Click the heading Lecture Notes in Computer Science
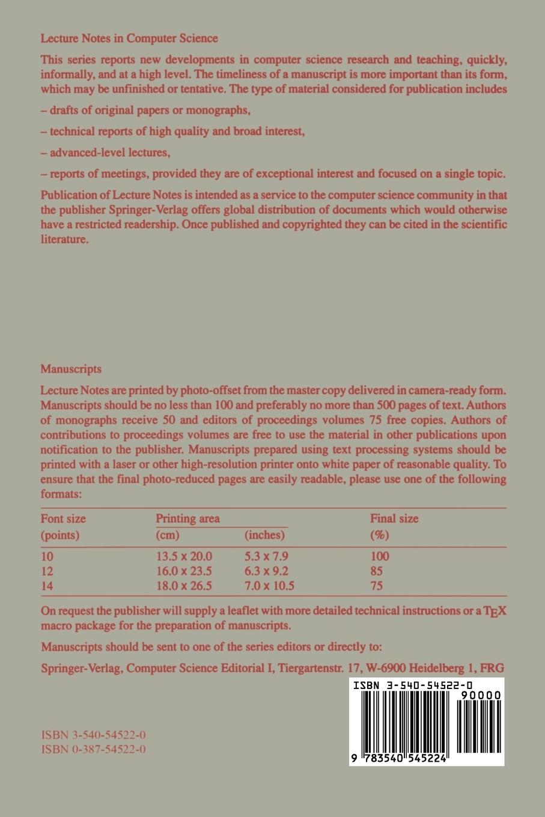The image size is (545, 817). [x=129, y=38]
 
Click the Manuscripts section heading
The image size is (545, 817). [x=71, y=369]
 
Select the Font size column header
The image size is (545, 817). [x=63, y=518]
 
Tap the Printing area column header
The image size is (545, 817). [x=187, y=518]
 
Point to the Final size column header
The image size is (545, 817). [x=394, y=518]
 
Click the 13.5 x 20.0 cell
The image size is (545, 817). [x=184, y=557]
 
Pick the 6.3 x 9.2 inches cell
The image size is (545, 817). [x=266, y=571]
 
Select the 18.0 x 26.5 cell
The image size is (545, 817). [x=184, y=586]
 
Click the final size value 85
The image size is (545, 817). [x=377, y=571]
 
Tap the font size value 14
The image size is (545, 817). [x=47, y=586]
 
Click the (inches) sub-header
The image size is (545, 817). [x=264, y=535]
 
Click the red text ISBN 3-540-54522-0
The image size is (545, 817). [x=93, y=735]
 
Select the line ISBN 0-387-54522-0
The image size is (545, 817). [x=93, y=749]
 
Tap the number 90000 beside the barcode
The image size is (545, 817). [x=481, y=696]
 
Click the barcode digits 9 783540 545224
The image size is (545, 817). [x=399, y=759]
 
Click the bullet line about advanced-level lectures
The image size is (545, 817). [x=106, y=153]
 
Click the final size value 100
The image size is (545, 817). [x=380, y=557]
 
